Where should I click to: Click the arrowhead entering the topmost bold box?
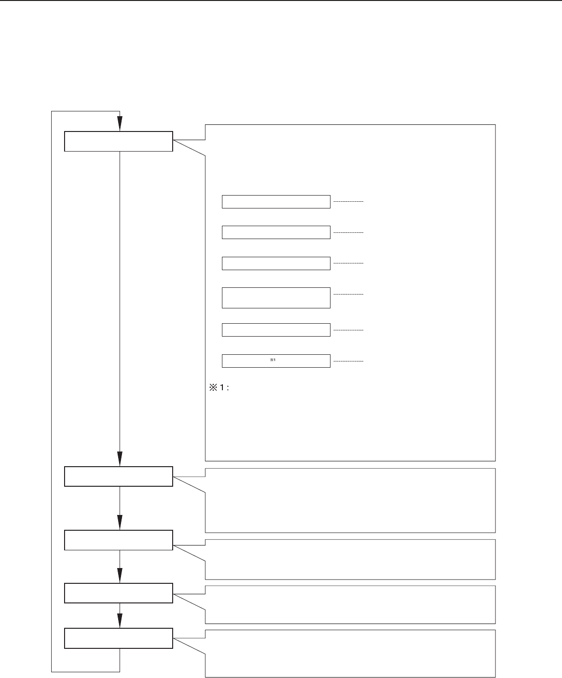[x=120, y=123]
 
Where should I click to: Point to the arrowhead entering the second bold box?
[x=120, y=459]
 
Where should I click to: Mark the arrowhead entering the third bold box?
[x=120, y=523]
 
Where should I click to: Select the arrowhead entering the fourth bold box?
[x=120, y=575]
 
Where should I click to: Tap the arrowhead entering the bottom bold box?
[x=120, y=621]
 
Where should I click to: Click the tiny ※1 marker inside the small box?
[x=273, y=360]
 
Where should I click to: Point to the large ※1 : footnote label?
[x=219, y=387]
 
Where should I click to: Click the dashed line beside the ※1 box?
[x=348, y=361]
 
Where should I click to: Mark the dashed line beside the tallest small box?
[x=348, y=294]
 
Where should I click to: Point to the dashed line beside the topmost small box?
[x=348, y=202]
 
